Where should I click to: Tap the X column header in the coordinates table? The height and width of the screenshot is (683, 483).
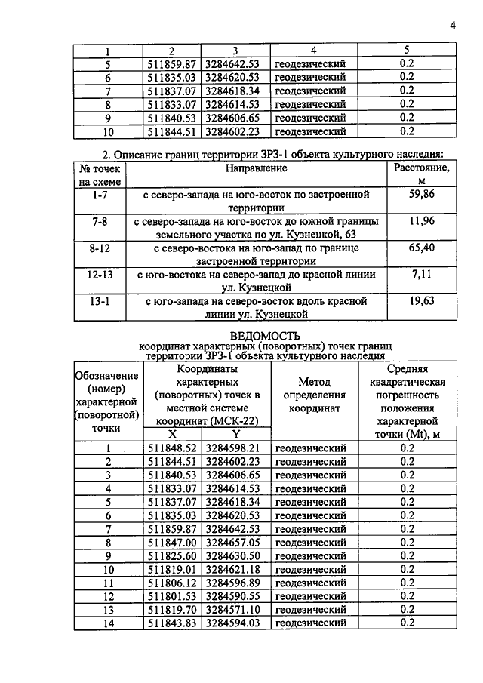[x=173, y=435]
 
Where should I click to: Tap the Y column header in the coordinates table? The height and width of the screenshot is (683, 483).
[x=235, y=435]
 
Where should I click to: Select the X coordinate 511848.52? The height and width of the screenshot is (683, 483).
[x=173, y=448]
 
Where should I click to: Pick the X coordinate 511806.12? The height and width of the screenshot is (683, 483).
[x=173, y=582]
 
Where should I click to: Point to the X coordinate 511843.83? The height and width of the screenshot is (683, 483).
[x=173, y=623]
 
